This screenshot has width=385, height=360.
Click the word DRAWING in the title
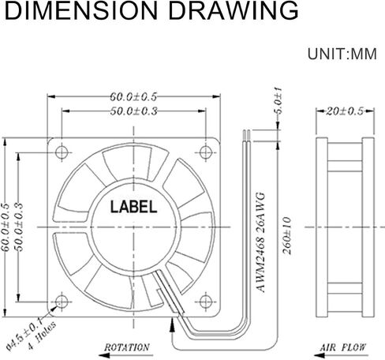[234, 10]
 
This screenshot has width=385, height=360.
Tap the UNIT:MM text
[342, 54]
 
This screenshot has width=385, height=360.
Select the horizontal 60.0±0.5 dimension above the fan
[133, 97]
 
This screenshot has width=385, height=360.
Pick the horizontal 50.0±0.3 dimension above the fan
[133, 111]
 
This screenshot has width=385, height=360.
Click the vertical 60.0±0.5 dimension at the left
[6, 227]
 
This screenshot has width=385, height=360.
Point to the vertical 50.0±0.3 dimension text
[20, 227]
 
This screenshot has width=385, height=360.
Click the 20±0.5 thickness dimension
[345, 111]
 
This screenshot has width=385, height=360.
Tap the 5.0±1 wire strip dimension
[278, 101]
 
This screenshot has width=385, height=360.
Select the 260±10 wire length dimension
[287, 235]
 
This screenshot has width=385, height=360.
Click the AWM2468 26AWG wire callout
[260, 242]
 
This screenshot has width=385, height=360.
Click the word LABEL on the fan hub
[133, 207]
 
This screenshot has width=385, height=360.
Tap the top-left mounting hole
[62, 152]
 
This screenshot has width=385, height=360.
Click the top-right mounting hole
[206, 152]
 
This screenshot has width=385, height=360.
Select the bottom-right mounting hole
[206, 302]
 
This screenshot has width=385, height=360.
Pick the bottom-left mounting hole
[62, 302]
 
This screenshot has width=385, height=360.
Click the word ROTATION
[127, 347]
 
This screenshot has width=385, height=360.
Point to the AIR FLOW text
[342, 347]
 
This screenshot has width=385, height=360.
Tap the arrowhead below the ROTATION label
[105, 355]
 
